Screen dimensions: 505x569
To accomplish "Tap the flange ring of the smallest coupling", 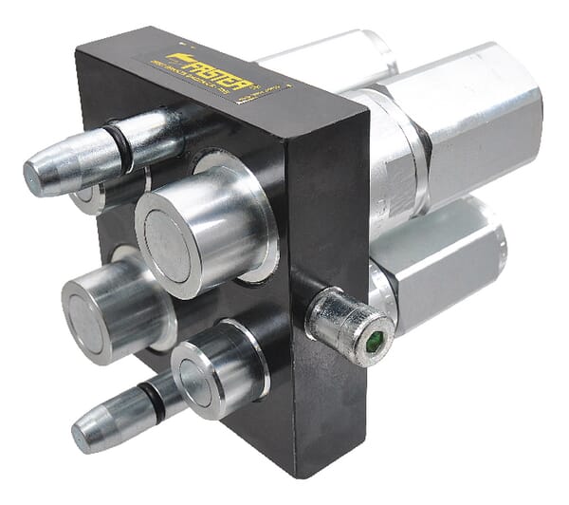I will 237,356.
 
